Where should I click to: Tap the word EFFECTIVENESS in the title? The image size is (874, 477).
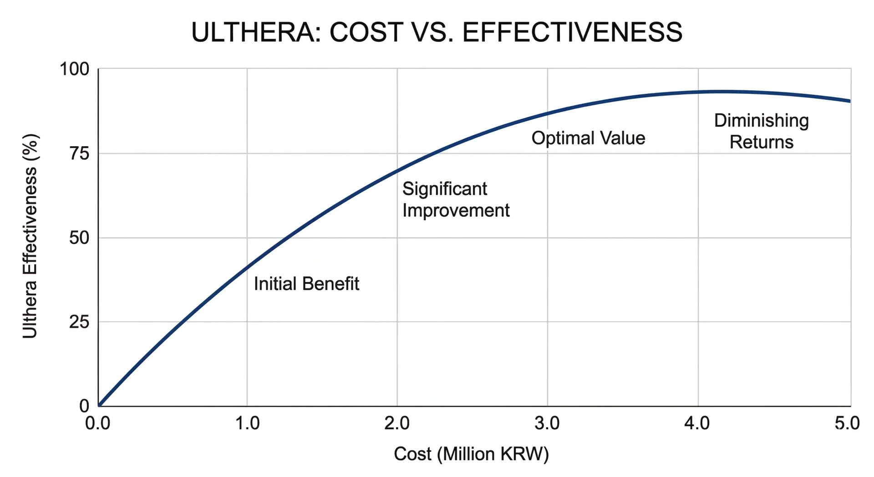pos(572,32)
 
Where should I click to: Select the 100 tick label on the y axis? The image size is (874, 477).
pos(75,69)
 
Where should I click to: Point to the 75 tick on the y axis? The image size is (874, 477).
pos(79,154)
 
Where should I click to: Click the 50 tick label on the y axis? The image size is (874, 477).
pos(79,238)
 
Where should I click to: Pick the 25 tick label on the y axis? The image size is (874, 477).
pos(79,322)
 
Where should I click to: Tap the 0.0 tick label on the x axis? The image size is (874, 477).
pos(98,423)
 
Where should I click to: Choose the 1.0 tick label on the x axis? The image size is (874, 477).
pos(247,423)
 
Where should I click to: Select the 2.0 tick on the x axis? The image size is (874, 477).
pos(397,423)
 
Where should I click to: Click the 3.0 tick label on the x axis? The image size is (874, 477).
pos(547,423)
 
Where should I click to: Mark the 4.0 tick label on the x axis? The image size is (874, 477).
pos(697,423)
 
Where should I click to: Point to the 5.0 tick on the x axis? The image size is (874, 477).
pos(847,423)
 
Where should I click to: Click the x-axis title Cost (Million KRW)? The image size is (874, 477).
pos(471,454)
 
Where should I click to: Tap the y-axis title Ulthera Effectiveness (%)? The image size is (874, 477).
pos(30,236)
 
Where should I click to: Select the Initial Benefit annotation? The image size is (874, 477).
pos(306,284)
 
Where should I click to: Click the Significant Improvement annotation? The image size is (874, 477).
pos(456,200)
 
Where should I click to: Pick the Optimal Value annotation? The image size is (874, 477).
pos(588,138)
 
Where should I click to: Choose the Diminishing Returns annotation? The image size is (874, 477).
pos(761,131)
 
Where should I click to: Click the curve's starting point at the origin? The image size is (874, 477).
pos(99,405)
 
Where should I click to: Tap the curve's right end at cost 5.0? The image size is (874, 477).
pos(849,101)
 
